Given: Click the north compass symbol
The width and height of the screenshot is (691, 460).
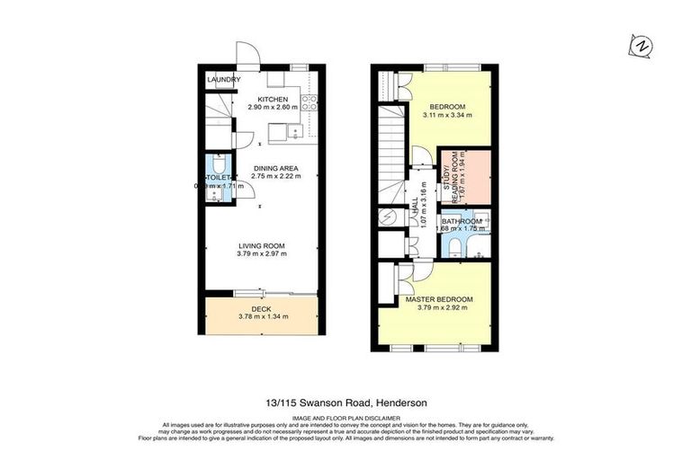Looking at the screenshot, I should click(x=641, y=45).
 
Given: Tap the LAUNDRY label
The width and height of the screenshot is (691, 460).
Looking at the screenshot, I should click(x=223, y=80).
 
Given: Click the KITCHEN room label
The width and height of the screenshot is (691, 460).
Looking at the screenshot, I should click(x=272, y=99).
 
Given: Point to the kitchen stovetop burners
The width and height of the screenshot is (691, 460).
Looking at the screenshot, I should click(x=309, y=102).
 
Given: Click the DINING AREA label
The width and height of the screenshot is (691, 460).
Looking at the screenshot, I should click(x=275, y=168).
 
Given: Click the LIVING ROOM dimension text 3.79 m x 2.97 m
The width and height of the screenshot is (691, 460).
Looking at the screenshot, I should click(x=261, y=254).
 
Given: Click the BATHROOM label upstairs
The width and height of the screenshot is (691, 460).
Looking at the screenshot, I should click(x=461, y=220).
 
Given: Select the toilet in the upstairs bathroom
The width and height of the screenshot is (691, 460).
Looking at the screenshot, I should click(x=454, y=246).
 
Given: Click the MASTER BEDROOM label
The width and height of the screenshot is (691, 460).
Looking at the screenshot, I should click(x=438, y=298).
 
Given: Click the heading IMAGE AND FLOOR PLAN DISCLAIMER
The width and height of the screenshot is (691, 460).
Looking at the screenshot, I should click(x=345, y=416).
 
